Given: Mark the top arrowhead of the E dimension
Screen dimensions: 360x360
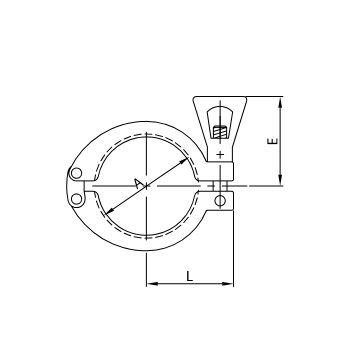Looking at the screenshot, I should (285, 100).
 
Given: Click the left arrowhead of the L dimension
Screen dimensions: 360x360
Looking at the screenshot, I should (150, 284).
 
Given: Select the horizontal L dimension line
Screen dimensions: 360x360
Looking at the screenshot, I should (190, 284).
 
